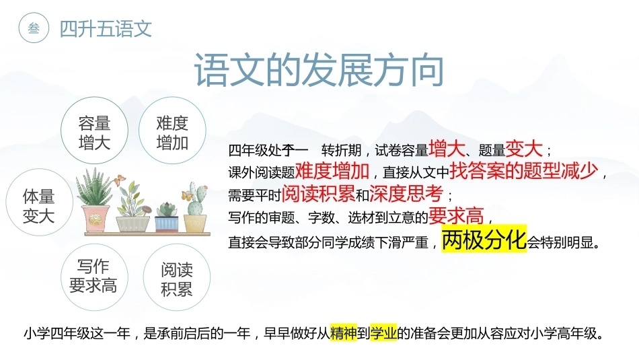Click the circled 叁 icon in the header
34,28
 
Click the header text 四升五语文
106,29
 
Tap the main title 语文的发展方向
319,70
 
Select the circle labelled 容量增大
95,131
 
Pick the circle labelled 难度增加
172,131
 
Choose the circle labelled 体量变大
39,203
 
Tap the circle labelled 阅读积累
177,277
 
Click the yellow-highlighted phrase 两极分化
484,240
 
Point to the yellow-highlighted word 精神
343,332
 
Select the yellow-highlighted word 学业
383,332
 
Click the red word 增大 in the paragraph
447,149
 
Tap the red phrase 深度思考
406,193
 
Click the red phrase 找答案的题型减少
524,171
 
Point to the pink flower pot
96,218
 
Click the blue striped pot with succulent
166,224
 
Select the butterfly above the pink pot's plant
120,180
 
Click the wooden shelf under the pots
147,234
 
